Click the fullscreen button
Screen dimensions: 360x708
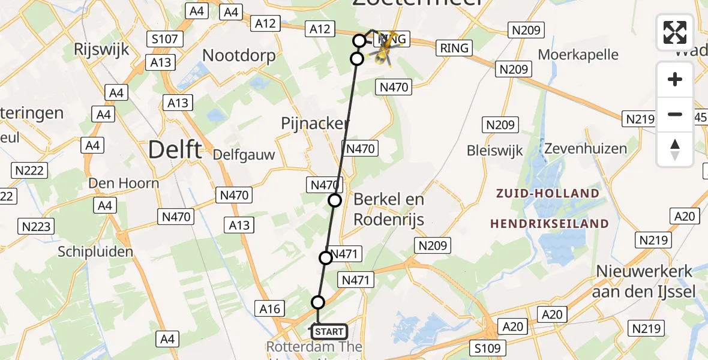675,32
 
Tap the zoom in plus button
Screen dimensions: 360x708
675,80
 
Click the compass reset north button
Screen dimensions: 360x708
675,149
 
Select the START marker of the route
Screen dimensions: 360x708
329,331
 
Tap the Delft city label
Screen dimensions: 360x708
175,149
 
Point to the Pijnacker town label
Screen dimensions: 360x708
315,124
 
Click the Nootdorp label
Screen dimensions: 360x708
239,56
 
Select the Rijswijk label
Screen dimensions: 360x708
101,49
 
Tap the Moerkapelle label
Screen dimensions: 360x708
578,55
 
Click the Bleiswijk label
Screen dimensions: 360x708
495,151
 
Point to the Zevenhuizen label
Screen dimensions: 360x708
585,148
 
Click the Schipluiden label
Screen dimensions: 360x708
95,252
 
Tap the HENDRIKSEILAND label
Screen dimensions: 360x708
550,224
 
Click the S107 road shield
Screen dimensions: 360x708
164,40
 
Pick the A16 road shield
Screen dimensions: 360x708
269,309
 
